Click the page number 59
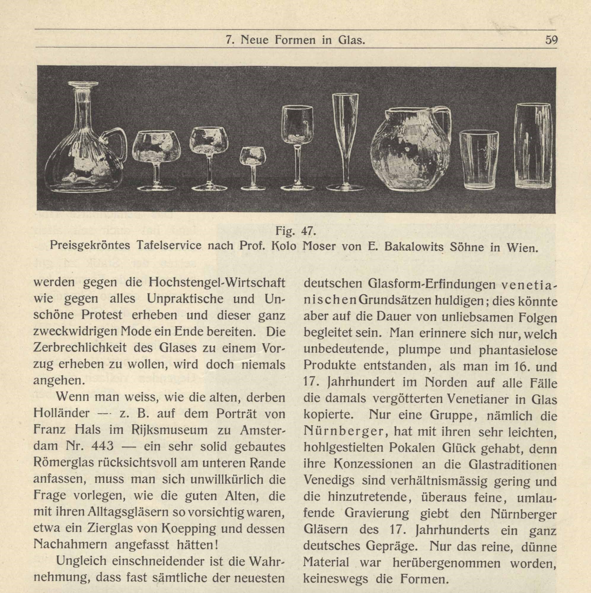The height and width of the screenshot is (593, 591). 551,40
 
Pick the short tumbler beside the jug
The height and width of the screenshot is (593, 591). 479,160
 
